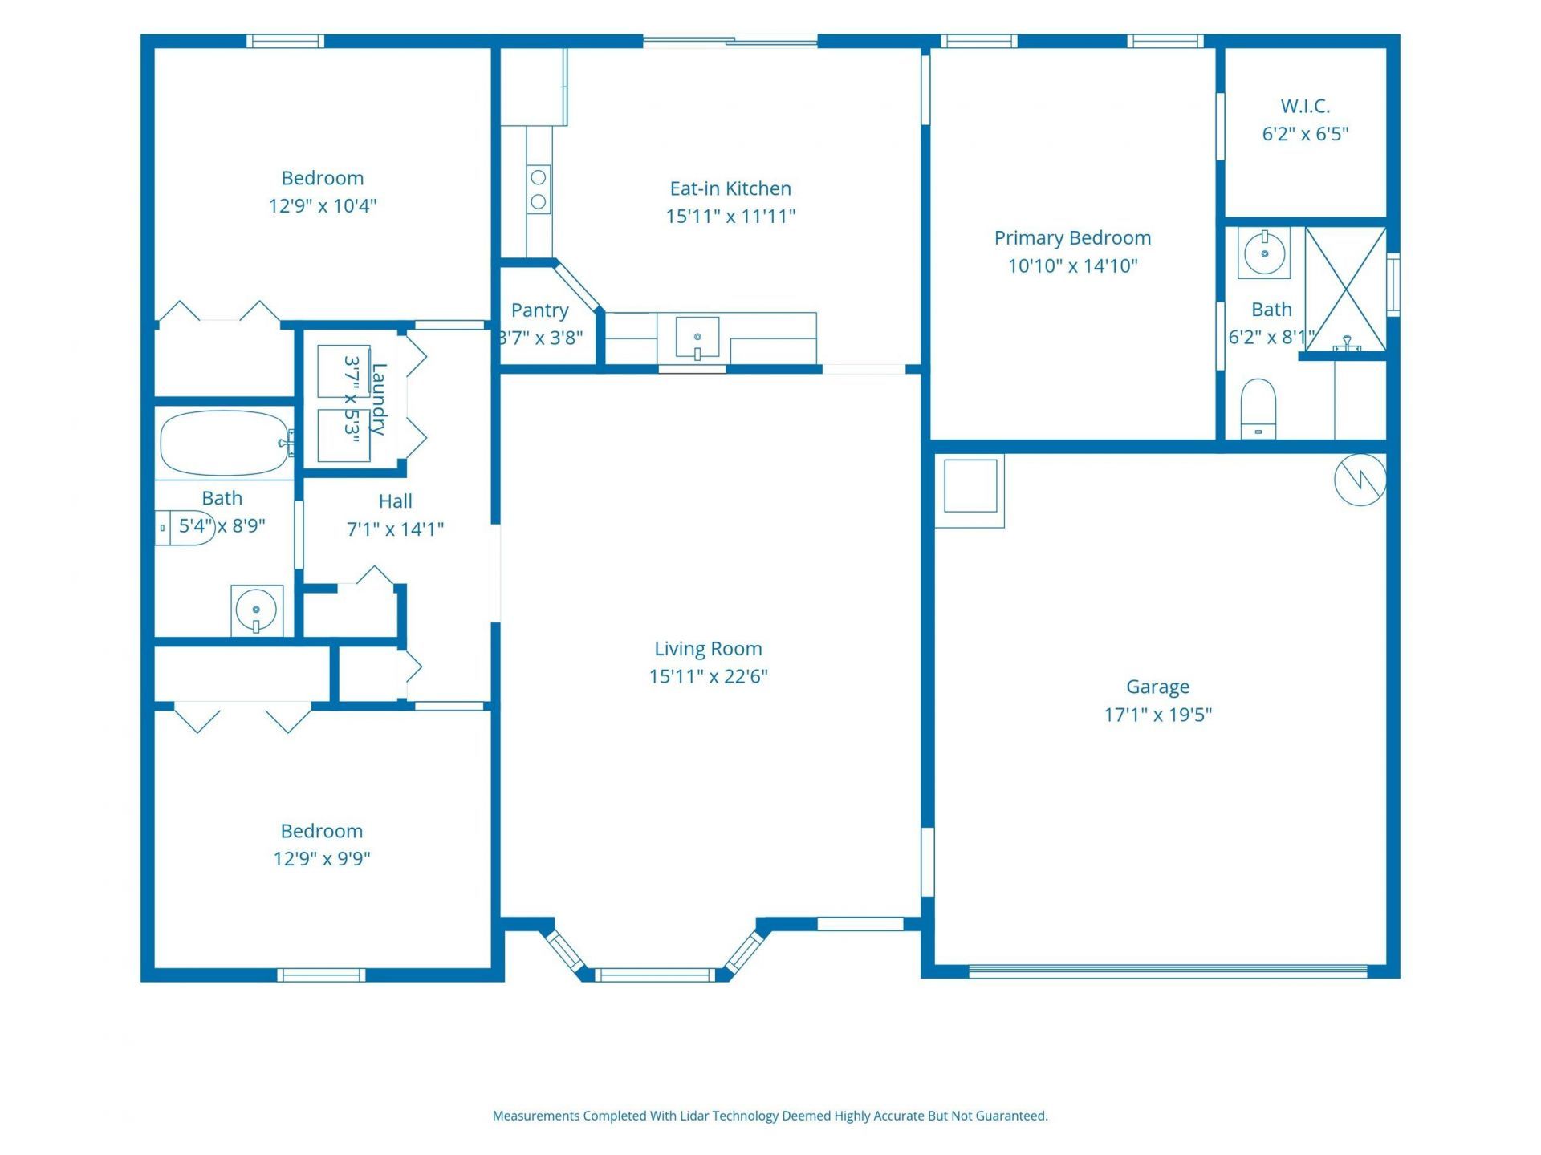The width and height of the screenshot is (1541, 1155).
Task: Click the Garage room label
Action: (x=1157, y=687)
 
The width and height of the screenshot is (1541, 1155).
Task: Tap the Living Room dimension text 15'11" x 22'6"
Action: (x=708, y=676)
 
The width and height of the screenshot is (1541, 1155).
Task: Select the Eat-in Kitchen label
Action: (x=730, y=188)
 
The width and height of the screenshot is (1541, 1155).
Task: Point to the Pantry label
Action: (x=539, y=310)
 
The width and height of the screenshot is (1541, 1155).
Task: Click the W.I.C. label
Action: (x=1305, y=106)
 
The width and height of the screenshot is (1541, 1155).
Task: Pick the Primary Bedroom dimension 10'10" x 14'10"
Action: (x=1072, y=265)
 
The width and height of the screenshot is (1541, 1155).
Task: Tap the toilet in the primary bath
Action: (x=1258, y=408)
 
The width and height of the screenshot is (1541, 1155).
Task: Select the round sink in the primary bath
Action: (x=1264, y=253)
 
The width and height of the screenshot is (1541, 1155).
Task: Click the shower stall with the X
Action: (x=1346, y=290)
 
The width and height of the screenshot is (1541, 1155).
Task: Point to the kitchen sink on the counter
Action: (x=697, y=338)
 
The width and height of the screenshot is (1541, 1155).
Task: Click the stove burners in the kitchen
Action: (x=539, y=188)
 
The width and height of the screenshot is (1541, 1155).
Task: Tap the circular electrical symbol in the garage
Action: (x=1360, y=480)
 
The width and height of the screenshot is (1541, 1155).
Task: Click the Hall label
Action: (x=395, y=501)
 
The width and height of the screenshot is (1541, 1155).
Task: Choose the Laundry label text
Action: (x=378, y=399)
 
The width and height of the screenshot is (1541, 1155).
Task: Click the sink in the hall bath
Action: (x=257, y=610)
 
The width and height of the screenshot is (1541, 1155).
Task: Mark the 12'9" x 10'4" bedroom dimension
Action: (x=323, y=206)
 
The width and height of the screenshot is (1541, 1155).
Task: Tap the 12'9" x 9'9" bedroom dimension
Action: (x=322, y=859)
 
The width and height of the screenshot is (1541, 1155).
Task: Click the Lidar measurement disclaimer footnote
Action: (x=770, y=1116)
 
